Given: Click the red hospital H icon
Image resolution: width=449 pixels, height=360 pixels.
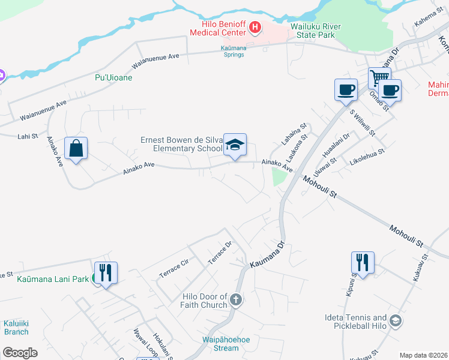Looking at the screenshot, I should point(256,27).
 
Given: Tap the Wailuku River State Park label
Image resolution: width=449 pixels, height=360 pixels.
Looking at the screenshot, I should point(315,31).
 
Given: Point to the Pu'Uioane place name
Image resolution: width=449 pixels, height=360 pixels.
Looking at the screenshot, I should point(113,77).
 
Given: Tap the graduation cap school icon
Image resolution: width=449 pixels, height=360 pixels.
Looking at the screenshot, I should point(235,145).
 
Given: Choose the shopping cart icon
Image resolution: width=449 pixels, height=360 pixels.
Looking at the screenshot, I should point(379,77).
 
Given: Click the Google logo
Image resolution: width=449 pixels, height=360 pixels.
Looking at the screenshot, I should point(20,353).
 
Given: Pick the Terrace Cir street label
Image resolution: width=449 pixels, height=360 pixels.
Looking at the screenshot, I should point(174,268).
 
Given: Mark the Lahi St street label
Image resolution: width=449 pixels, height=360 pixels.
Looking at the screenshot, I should point(28,136).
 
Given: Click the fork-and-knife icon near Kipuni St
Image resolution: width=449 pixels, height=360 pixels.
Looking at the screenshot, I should point(363,262).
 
